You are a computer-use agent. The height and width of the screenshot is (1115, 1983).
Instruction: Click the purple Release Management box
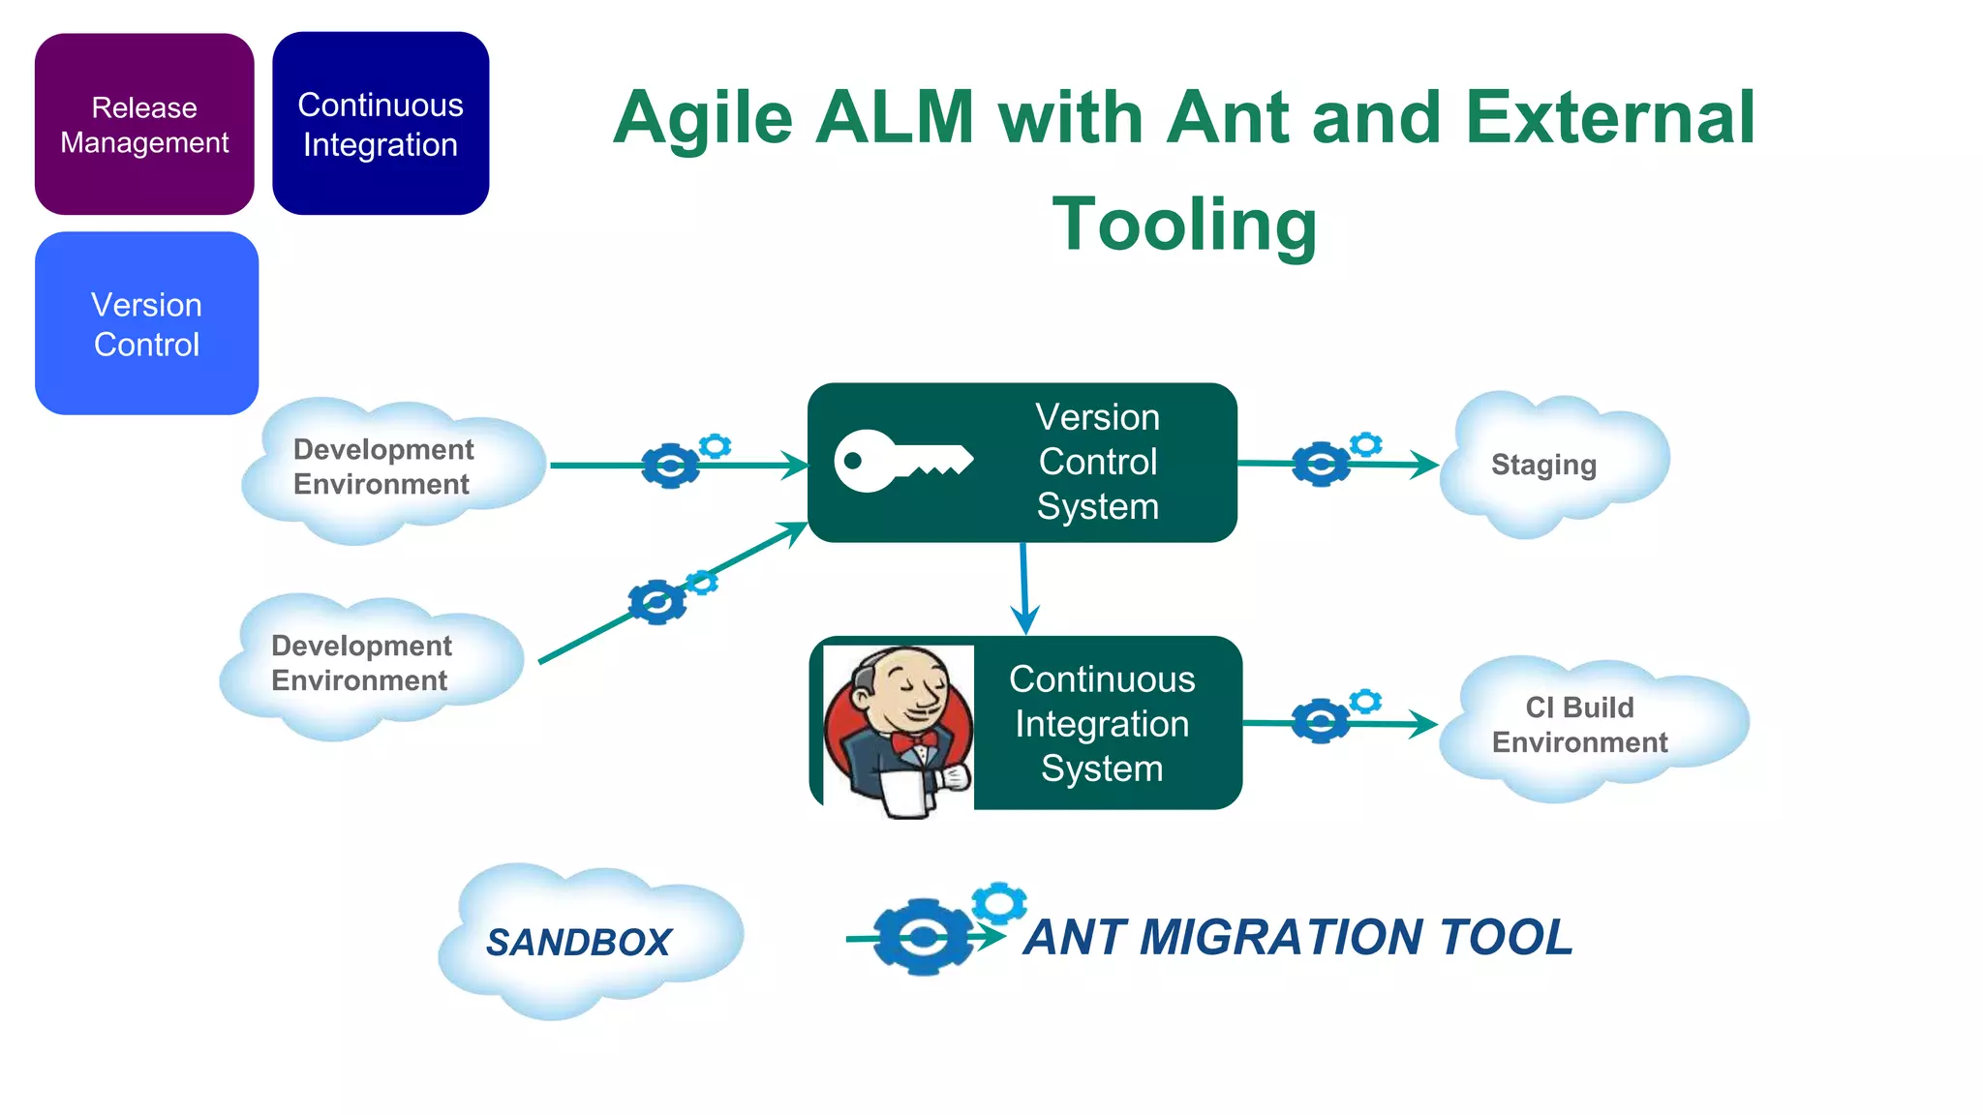point(144,124)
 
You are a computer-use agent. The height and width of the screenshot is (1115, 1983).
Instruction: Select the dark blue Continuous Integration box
point(381,124)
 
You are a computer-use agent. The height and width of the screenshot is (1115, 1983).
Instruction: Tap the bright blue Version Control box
point(146,323)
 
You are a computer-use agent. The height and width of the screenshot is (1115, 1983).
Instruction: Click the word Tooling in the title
point(1184,225)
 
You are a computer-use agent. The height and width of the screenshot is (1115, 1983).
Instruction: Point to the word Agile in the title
point(703,118)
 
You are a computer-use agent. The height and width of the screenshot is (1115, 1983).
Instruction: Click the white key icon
point(900,462)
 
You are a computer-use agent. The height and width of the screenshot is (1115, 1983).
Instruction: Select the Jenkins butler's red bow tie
point(914,742)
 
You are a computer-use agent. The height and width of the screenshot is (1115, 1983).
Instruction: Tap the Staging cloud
point(1549,465)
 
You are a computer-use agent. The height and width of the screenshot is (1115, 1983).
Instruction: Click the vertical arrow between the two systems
point(1023,587)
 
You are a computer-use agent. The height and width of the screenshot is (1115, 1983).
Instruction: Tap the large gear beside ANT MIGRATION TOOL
point(923,937)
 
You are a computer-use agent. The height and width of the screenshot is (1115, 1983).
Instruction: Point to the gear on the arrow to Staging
point(1321,465)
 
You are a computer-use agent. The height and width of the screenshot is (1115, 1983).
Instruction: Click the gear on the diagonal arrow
point(657,603)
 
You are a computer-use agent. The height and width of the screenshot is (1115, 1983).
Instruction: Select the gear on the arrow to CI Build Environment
point(1320,721)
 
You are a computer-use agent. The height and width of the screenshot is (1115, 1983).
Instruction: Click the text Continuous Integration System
point(1102,724)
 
